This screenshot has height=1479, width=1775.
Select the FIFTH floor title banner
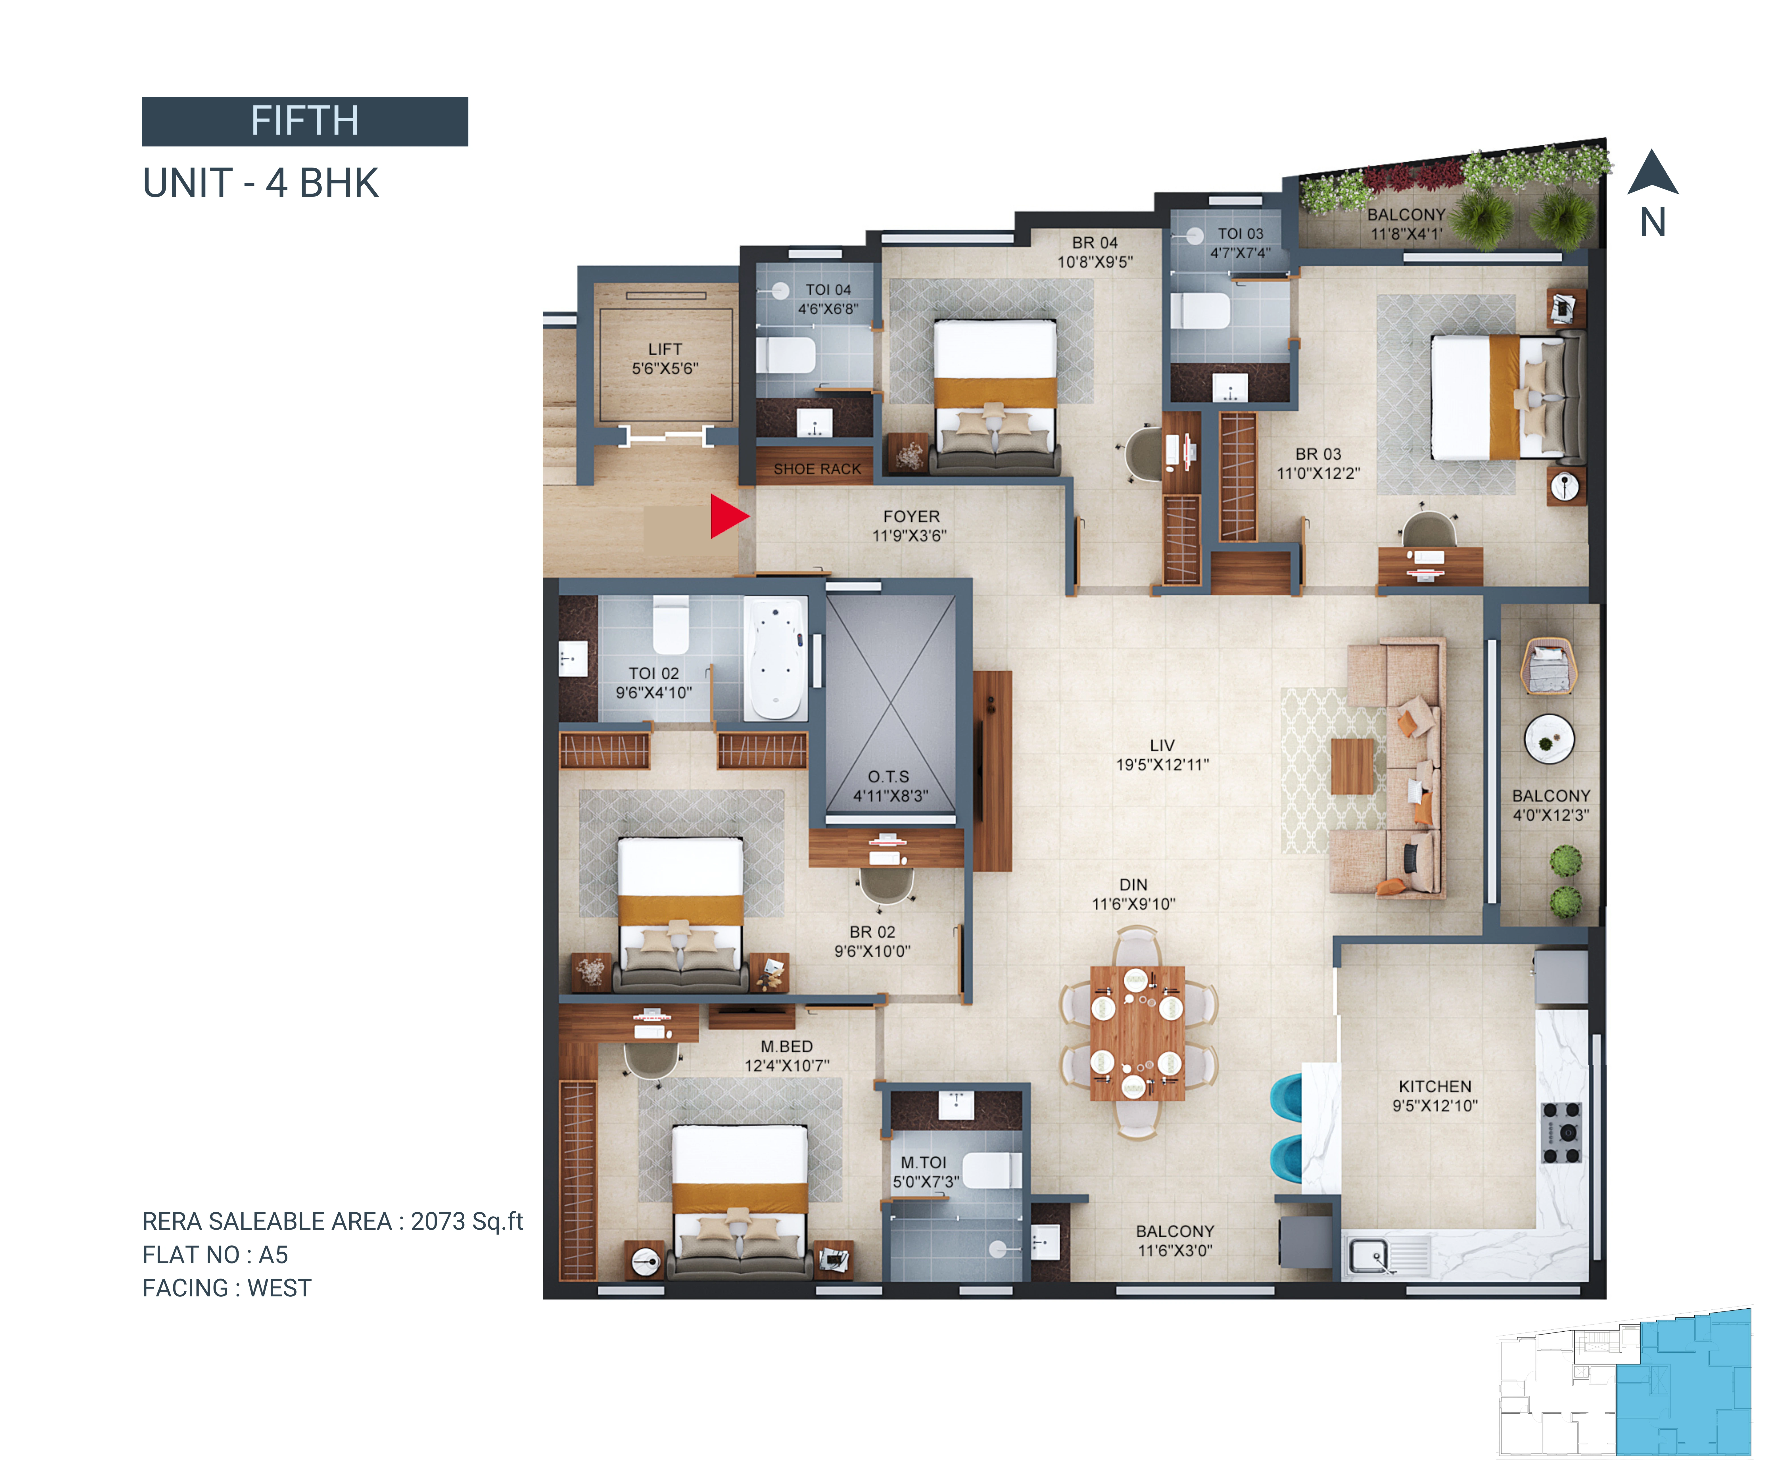[x=305, y=121]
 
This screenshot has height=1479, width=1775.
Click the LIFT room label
[x=665, y=349]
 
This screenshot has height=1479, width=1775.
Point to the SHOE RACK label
[x=817, y=469]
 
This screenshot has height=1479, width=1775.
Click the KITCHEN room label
[x=1435, y=1087]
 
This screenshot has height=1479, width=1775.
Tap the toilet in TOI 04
[x=785, y=355]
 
